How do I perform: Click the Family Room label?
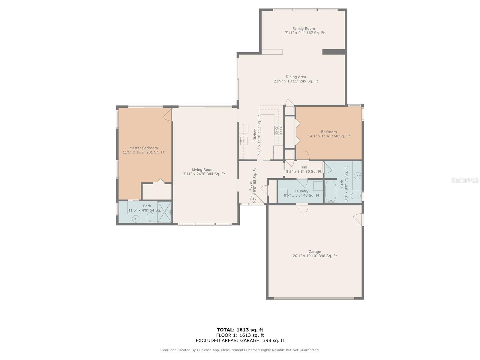click(304, 28)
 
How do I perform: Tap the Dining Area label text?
click(296, 77)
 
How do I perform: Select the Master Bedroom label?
click(143, 148)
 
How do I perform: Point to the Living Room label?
click(203, 169)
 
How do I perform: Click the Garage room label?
click(315, 252)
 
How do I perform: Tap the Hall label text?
click(304, 167)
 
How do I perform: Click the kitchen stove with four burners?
click(279, 130)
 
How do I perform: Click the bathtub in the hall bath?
click(330, 191)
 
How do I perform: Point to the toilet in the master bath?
click(150, 218)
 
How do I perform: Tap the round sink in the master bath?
click(136, 219)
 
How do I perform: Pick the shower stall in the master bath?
click(164, 212)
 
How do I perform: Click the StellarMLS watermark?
click(465, 180)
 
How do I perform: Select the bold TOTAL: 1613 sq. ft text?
click(240, 330)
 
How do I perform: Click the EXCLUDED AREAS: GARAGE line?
click(240, 340)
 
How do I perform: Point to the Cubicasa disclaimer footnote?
click(240, 350)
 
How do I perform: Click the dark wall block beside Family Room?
click(334, 52)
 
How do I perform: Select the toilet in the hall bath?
click(356, 196)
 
